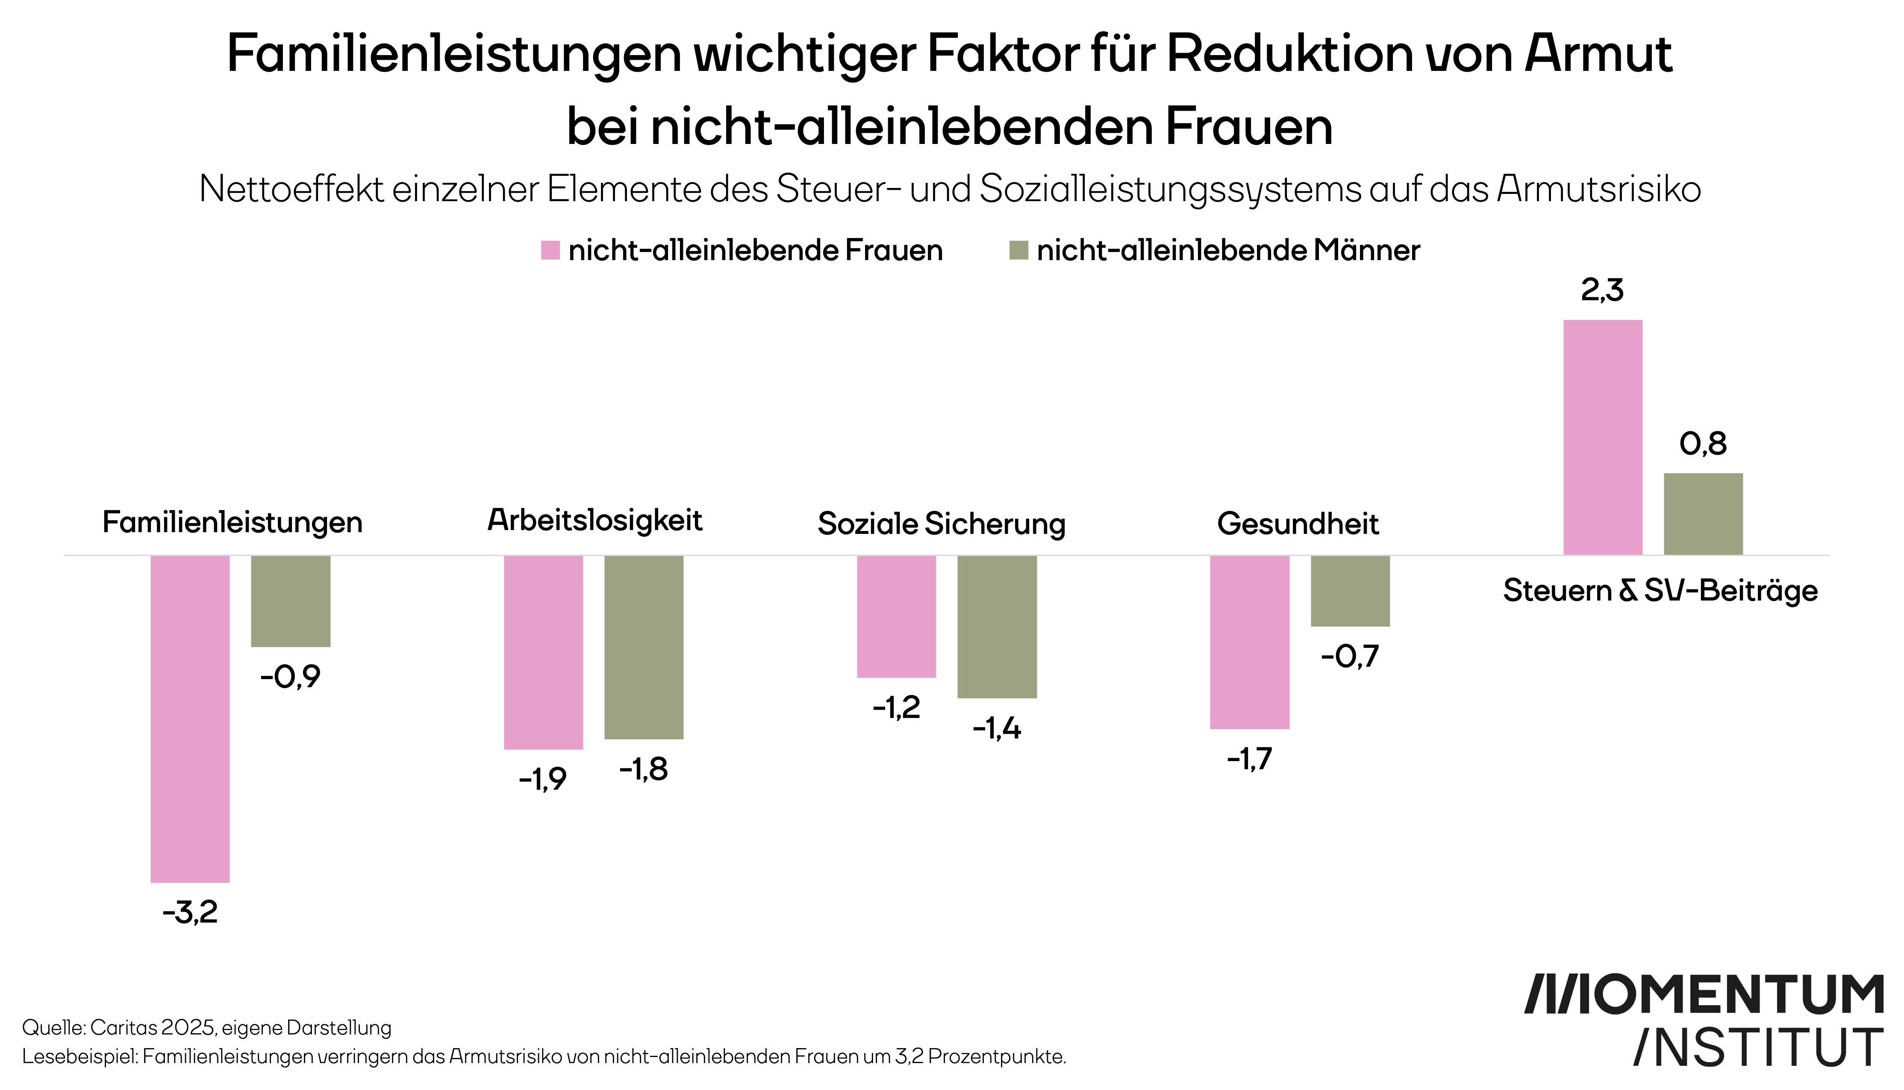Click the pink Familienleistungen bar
click(x=190, y=719)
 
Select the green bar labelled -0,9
click(x=291, y=601)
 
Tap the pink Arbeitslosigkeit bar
click(x=544, y=652)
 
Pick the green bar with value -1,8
click(x=644, y=648)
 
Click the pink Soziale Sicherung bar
click(x=897, y=616)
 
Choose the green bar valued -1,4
click(x=997, y=627)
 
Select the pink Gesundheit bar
click(x=1250, y=642)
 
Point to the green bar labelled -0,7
click(x=1351, y=591)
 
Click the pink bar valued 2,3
click(x=1603, y=437)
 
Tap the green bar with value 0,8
click(x=1703, y=513)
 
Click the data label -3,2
click(x=190, y=912)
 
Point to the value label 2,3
click(x=1602, y=290)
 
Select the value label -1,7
click(x=1249, y=759)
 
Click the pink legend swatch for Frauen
click(x=550, y=250)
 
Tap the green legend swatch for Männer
click(x=1018, y=250)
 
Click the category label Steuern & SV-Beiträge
click(x=1660, y=591)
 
